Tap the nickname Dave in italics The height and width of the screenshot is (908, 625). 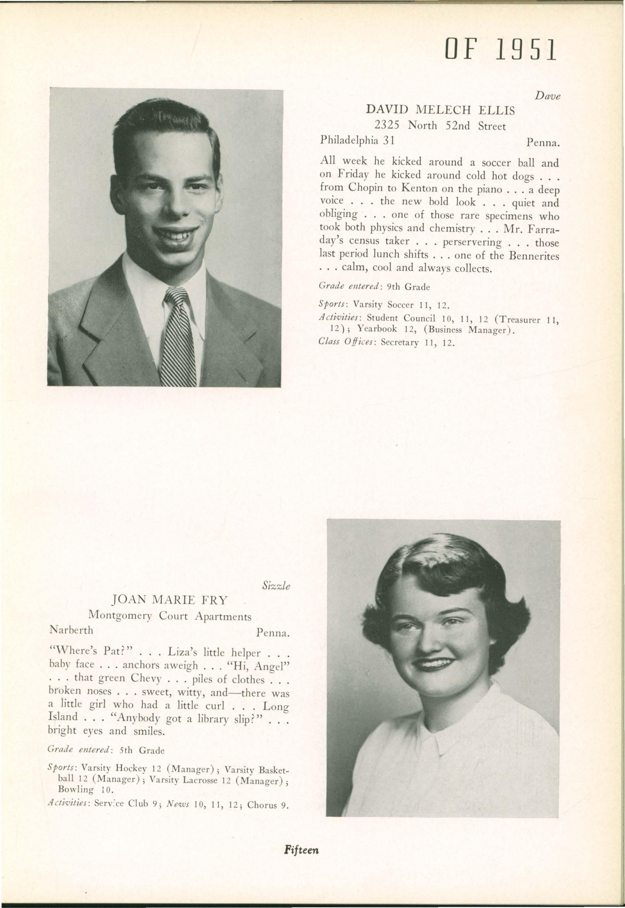(x=548, y=96)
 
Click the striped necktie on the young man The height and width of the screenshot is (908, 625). (x=179, y=337)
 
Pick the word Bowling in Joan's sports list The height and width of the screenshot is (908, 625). (x=76, y=789)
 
